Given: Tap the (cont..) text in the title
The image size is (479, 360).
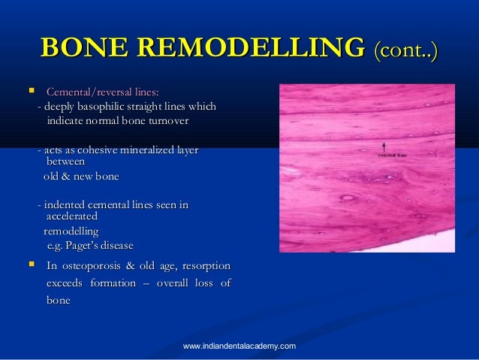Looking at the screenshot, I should tap(404, 50).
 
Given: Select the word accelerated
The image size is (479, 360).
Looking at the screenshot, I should tap(72, 216).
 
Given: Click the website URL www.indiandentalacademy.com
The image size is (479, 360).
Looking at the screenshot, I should tap(239, 345).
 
